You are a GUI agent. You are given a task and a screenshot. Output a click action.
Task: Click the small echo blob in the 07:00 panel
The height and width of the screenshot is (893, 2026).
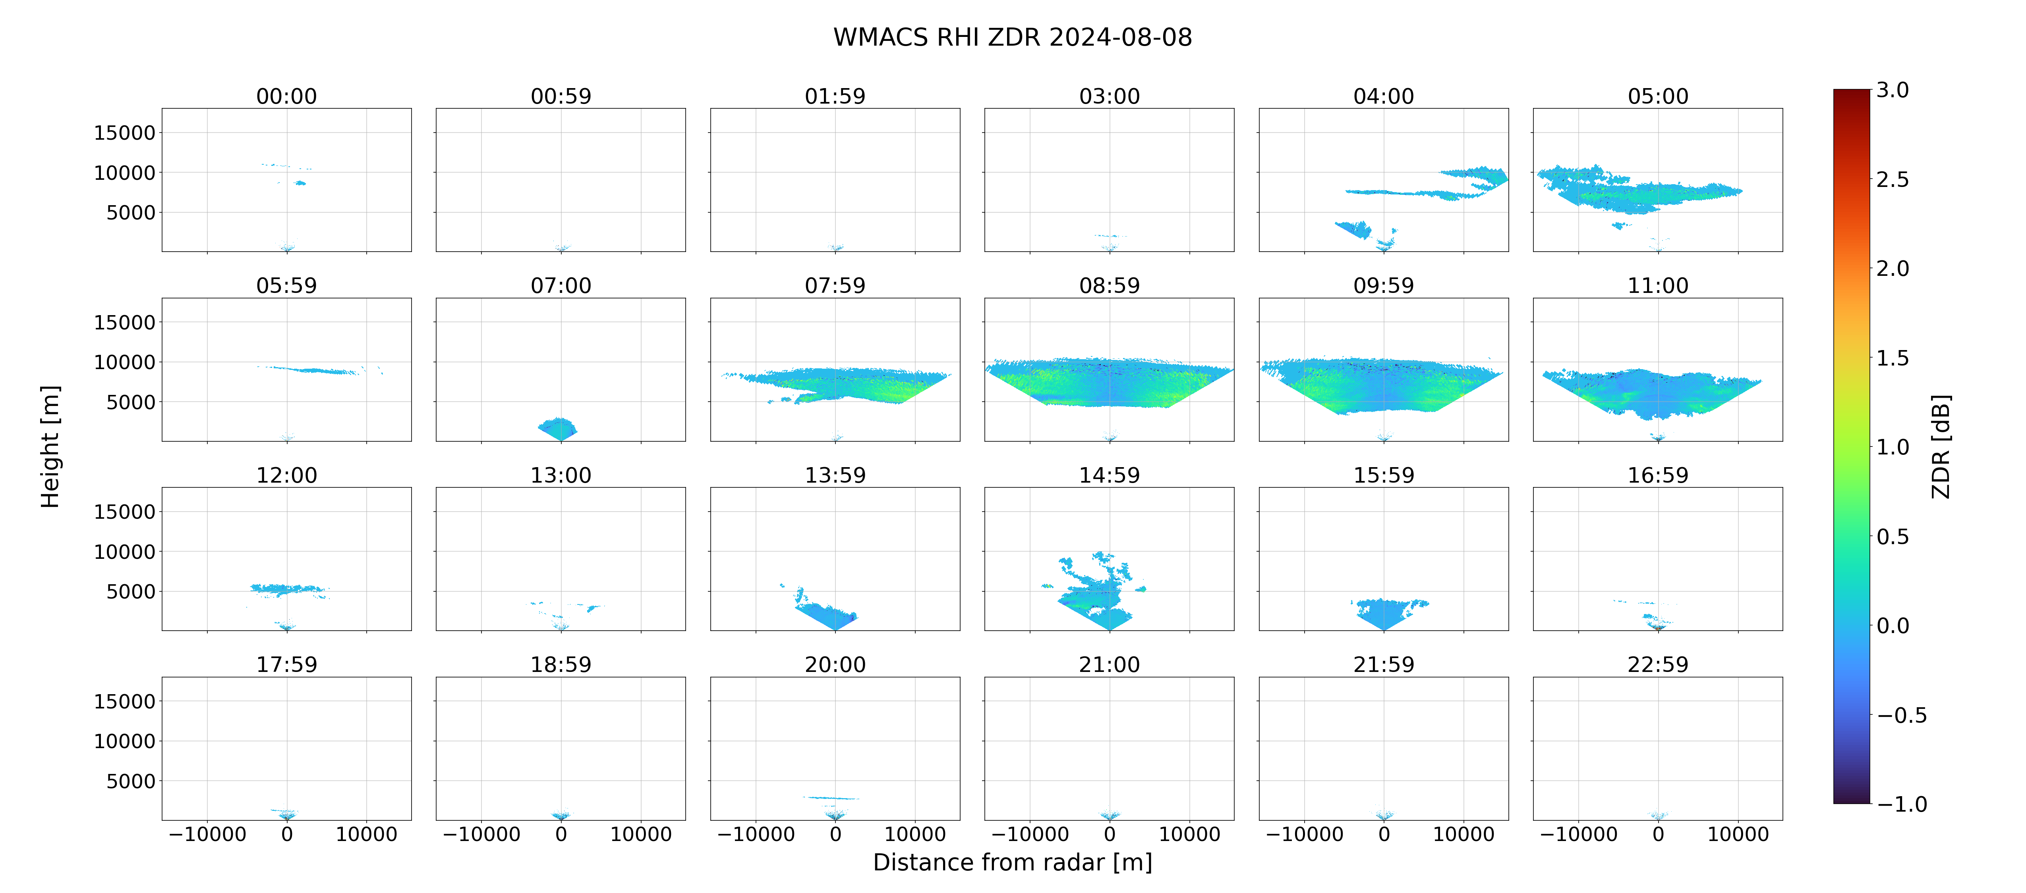[558, 428]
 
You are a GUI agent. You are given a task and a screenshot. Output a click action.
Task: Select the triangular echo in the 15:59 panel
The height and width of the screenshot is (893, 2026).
[1386, 613]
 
